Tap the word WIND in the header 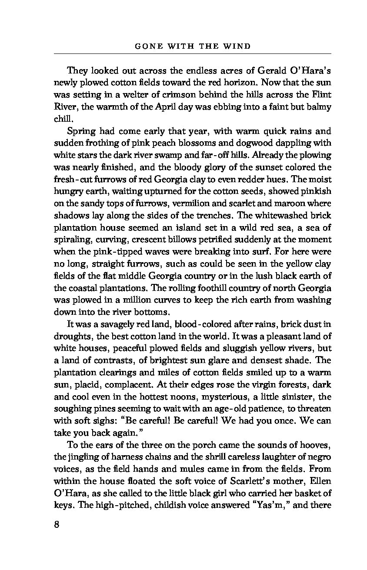(x=239, y=46)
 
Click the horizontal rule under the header (x=192, y=53)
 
